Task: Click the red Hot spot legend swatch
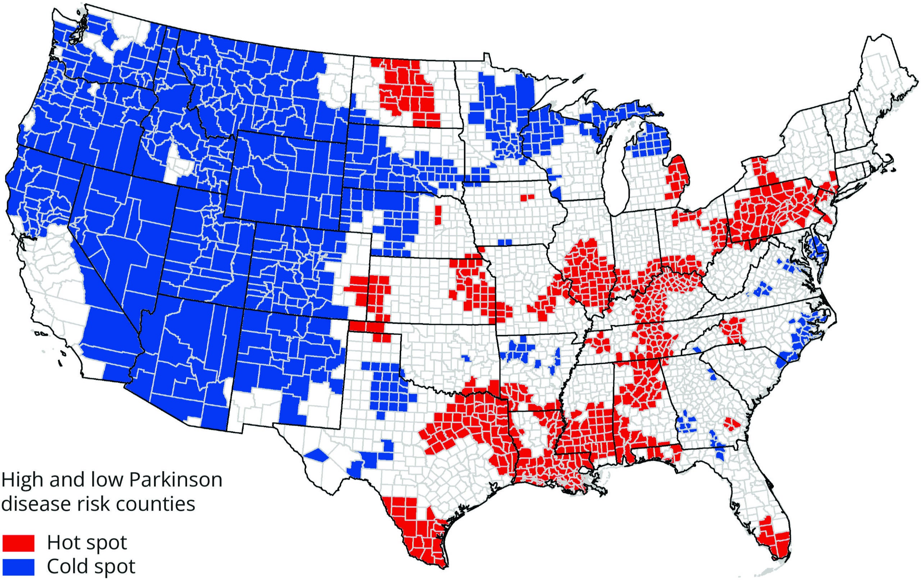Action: point(18,543)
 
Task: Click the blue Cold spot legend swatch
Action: point(18,567)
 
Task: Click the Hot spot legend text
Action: point(87,543)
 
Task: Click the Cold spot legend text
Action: point(91,567)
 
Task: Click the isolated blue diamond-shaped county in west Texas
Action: point(317,455)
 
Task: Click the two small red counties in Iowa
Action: point(527,197)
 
